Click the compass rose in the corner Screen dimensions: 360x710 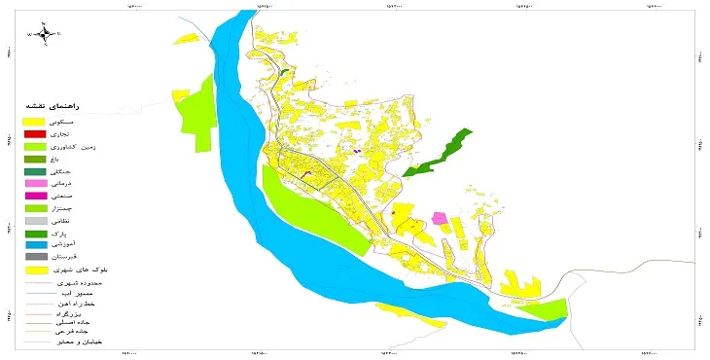tap(44, 33)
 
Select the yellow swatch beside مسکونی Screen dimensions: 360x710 tap(35, 121)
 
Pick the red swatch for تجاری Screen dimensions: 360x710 tap(35, 133)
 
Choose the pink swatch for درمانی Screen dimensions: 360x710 tap(35, 184)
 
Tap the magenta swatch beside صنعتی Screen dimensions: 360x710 tap(35, 197)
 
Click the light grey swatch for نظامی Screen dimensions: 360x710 tap(35, 222)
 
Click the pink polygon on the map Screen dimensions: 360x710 tap(440, 218)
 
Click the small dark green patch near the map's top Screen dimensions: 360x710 tap(284, 71)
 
